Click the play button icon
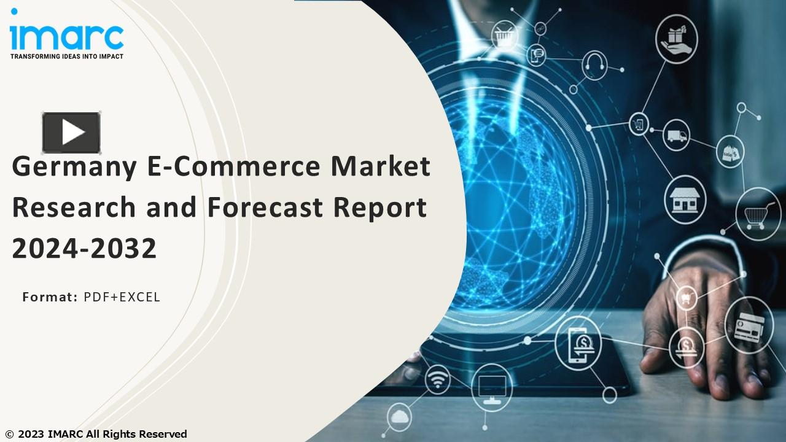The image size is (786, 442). (71, 132)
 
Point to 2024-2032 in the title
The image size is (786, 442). (85, 248)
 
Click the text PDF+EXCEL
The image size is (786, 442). (122, 297)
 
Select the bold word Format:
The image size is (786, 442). (50, 297)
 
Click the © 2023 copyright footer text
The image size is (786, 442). (96, 434)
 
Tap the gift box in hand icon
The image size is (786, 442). (676, 38)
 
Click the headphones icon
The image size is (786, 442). (594, 63)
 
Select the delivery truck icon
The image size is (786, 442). (676, 136)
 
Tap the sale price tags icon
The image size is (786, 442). (730, 151)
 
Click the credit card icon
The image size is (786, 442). (748, 325)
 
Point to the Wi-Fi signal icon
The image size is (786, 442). (437, 381)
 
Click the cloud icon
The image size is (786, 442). (400, 417)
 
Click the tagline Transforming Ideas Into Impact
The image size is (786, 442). (66, 56)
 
